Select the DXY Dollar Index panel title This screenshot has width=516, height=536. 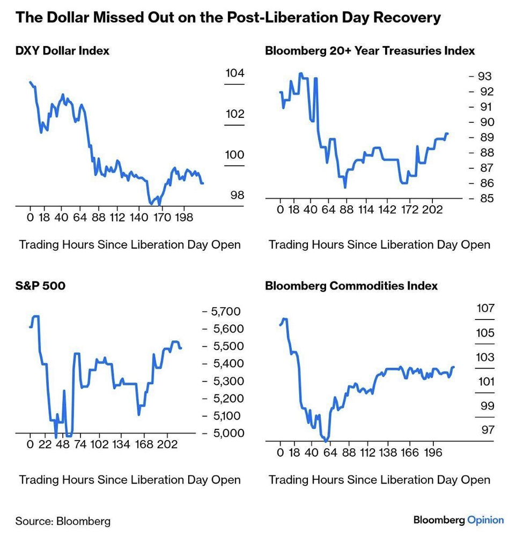click(62, 51)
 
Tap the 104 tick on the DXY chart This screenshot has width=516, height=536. click(234, 73)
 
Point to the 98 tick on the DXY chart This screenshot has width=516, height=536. click(237, 195)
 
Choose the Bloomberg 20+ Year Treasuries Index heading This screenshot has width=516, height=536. click(370, 51)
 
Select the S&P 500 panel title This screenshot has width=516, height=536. click(40, 286)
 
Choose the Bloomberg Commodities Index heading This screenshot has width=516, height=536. click(351, 286)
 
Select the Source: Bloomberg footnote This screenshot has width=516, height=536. click(63, 520)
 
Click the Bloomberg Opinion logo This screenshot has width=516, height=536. click(459, 520)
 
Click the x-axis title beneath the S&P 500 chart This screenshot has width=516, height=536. click(130, 479)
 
